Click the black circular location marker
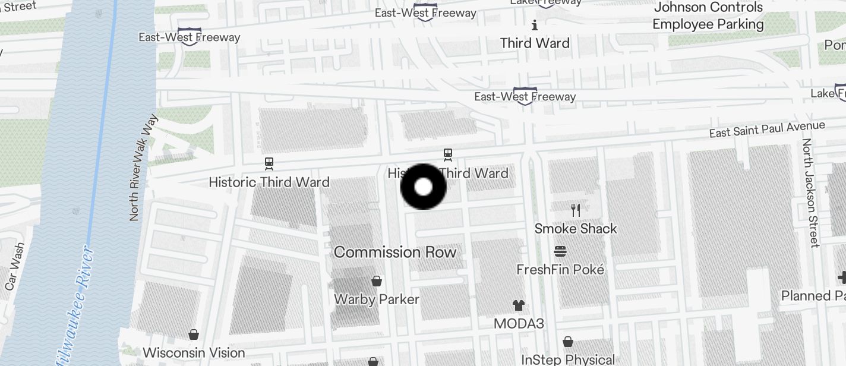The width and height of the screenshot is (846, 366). pos(423,187)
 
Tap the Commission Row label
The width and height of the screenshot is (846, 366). pos(395,252)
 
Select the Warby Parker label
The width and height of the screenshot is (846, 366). pos(377,299)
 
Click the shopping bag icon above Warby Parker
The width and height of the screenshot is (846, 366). pos(376,280)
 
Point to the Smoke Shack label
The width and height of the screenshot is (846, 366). pos(575,229)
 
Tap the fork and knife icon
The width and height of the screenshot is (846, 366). pos(575,210)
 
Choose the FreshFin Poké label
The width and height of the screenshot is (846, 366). pos(560,270)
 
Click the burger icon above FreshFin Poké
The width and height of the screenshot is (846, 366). pos(560,251)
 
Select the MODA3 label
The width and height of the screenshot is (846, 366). pos(519,324)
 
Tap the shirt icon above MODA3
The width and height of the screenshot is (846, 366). pos(519,305)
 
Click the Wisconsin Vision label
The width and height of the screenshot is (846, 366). pos(194,352)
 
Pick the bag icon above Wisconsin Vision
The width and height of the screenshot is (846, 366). pos(194,335)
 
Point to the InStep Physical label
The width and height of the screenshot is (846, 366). pos(568,359)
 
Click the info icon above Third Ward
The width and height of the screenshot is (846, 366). pos(535,25)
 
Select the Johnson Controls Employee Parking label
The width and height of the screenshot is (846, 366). pos(708,16)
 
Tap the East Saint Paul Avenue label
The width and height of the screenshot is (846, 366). pos(767,129)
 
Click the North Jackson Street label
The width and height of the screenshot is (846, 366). pos(810,193)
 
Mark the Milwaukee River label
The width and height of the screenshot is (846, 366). pos(74,303)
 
